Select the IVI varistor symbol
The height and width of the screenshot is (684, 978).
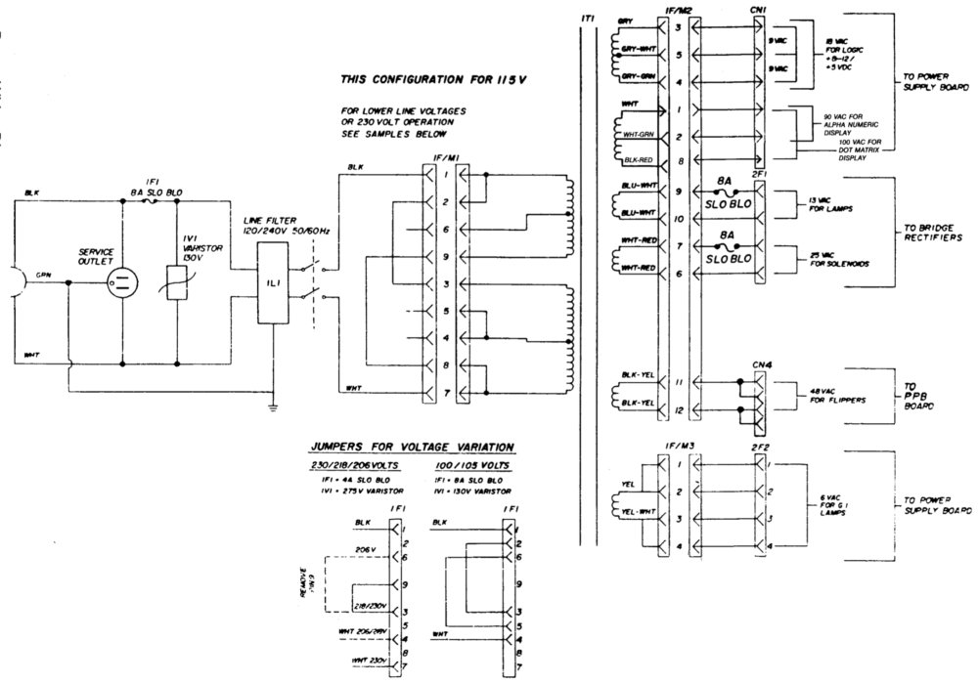tap(178, 284)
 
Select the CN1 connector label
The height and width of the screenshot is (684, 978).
tap(760, 9)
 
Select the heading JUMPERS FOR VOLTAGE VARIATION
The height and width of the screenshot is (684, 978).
tap(412, 447)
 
